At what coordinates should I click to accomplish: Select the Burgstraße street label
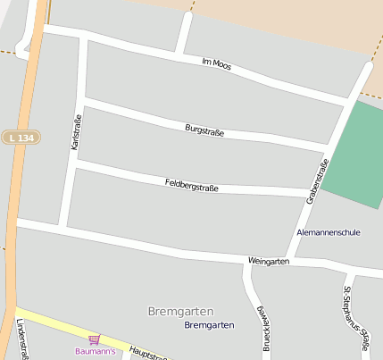click(204, 131)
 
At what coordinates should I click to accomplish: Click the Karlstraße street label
click(76, 132)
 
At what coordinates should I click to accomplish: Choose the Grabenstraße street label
click(317, 181)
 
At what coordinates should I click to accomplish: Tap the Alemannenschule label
click(328, 232)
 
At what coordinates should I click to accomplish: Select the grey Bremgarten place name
click(180, 311)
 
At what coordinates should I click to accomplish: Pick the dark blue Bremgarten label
click(209, 325)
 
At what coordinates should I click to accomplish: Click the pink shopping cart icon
click(94, 339)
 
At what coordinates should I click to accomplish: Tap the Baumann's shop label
click(95, 351)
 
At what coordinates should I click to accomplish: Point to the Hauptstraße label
click(148, 353)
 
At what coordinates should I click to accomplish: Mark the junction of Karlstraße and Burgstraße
click(82, 99)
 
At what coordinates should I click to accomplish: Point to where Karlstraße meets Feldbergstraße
click(71, 163)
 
